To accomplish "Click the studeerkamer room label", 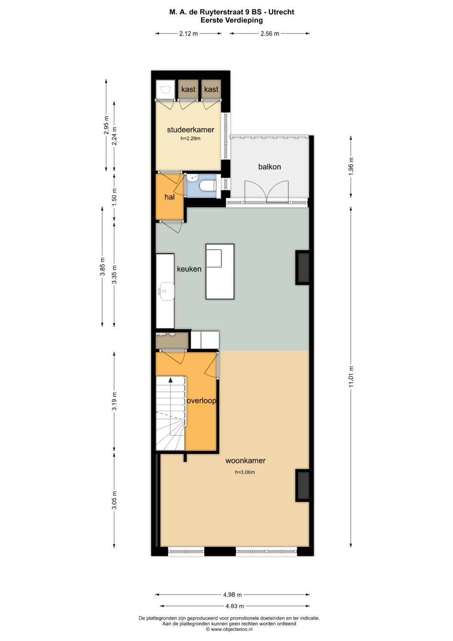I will point(190,130).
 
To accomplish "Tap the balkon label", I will point(269,167).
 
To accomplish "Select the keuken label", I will point(189,269).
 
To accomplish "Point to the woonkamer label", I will point(245,460).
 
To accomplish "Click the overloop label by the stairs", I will point(201,400).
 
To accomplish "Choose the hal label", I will point(169,197).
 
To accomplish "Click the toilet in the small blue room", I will point(208,185).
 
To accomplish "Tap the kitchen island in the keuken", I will point(220,272).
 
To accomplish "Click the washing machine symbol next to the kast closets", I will point(164,89).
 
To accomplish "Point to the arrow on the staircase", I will point(170,380).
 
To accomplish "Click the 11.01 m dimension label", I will point(351,377).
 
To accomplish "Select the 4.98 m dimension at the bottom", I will point(232,594).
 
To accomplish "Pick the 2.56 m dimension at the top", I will point(270,34).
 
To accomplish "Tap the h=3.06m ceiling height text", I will point(245,472).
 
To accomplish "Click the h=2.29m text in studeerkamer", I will point(190,139).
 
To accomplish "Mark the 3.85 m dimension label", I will point(102,267).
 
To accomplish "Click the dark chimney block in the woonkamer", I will point(303,485).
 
